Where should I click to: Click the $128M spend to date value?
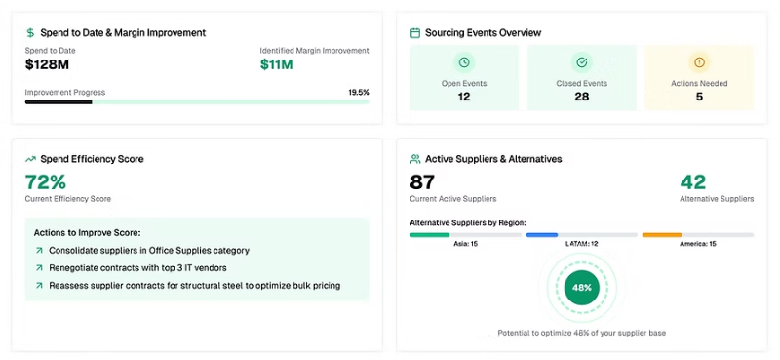pos(47,64)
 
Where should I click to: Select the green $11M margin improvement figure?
pos(277,64)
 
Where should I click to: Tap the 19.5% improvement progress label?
pos(359,92)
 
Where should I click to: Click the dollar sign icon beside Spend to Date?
pos(30,33)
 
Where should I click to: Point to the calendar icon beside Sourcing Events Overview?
pos(415,33)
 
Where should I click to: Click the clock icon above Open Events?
pos(464,62)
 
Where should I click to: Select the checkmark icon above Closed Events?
pos(581,62)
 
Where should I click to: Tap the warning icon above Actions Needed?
pos(699,62)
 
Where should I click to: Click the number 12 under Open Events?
pos(464,97)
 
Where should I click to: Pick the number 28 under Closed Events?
pos(581,97)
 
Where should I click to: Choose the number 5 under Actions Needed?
pos(699,97)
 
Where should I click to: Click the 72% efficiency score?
pos(46,181)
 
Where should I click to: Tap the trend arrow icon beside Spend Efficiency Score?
pos(31,159)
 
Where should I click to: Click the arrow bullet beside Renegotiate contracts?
pos(39,268)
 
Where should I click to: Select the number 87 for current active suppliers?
pos(422,182)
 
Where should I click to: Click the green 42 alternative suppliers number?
pos(693,182)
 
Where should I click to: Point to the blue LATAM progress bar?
pos(542,234)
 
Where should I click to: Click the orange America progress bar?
pos(662,234)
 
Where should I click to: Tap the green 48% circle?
pos(581,287)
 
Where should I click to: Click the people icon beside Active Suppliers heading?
pos(415,159)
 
